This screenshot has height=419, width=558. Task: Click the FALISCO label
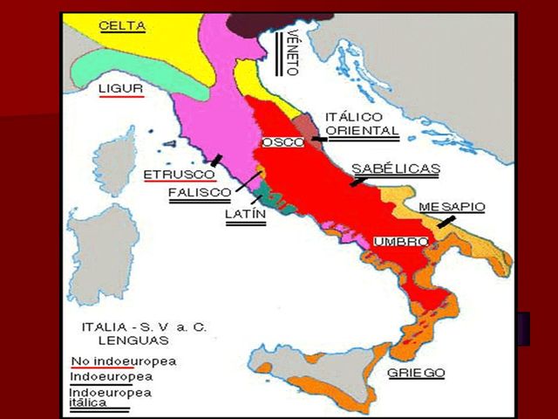[x=199, y=192]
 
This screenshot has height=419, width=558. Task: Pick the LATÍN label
[x=245, y=214]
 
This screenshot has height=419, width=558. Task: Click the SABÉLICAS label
[x=395, y=168]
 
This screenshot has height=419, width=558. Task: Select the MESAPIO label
[x=452, y=207]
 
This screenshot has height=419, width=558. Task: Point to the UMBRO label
[x=400, y=241]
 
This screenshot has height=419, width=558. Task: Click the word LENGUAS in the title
[x=109, y=343]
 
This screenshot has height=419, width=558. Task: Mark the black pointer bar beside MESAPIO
[x=446, y=223]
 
